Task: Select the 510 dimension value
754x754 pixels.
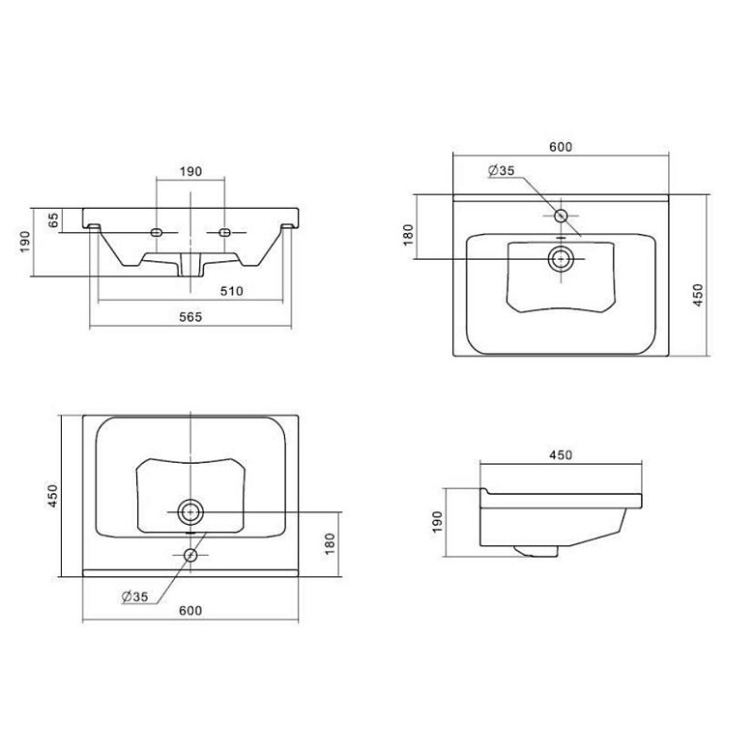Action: [230, 290]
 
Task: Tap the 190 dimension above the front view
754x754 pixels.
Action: [189, 171]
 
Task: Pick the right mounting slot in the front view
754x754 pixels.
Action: [226, 232]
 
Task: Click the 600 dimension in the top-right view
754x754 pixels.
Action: [562, 147]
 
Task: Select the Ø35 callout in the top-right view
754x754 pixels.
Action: [503, 171]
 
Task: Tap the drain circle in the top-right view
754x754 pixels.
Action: [560, 258]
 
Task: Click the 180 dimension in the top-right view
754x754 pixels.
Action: [408, 234]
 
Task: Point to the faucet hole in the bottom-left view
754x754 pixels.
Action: [191, 555]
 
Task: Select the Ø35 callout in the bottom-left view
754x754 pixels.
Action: [135, 597]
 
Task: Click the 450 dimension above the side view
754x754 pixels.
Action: [561, 454]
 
